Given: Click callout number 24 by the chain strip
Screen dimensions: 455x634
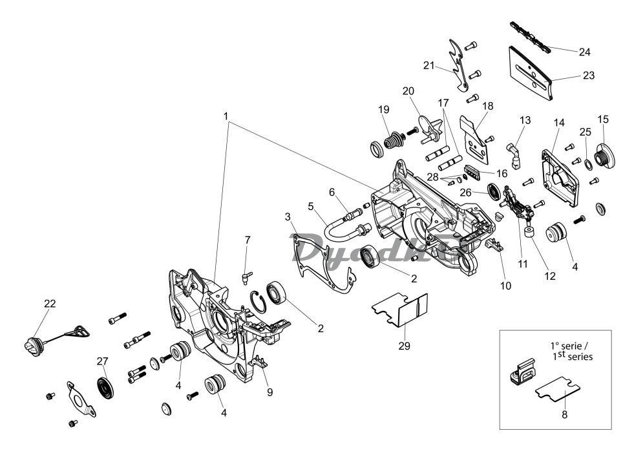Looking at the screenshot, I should click(x=585, y=51).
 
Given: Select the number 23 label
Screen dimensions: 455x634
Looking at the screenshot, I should click(x=588, y=75).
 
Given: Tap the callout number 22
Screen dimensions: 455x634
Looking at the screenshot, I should click(x=50, y=304).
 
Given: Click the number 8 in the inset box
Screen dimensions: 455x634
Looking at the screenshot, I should click(x=564, y=415).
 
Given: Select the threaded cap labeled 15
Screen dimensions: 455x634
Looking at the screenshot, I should click(x=606, y=153).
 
